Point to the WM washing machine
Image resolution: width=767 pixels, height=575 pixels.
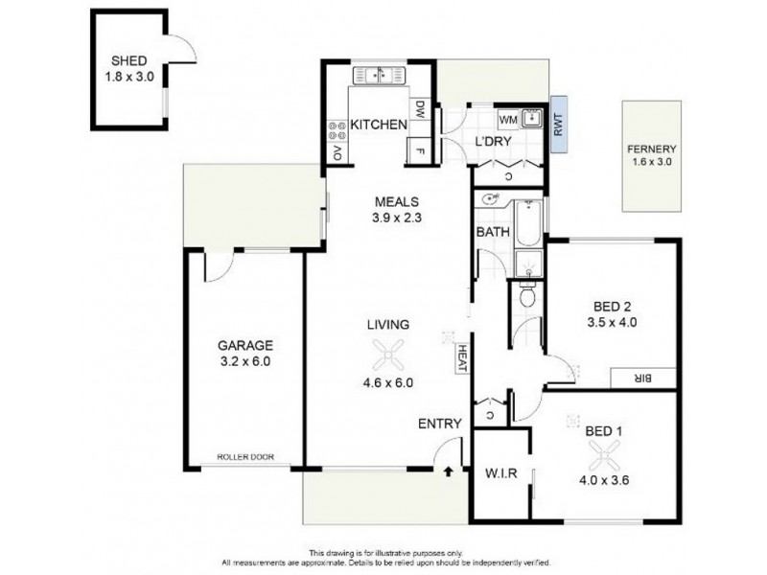(509, 120)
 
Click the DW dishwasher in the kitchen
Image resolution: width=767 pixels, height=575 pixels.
(419, 111)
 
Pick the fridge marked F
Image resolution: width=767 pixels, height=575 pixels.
(418, 150)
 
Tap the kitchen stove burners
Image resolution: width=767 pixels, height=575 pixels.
(337, 125)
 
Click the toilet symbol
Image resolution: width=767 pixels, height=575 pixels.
(526, 298)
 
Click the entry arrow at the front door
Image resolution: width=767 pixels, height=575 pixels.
(449, 471)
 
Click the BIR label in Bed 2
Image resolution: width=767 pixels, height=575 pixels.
(643, 379)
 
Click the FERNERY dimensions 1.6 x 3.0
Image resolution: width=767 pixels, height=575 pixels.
(653, 163)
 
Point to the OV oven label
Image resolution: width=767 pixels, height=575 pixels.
(337, 153)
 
